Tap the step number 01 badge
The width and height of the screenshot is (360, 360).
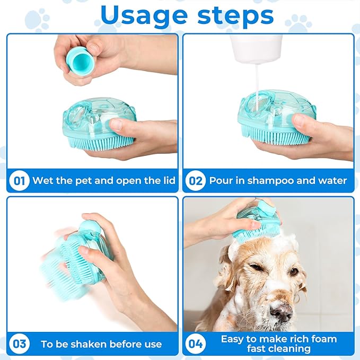[x=19, y=180]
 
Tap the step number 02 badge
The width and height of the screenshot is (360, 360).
[x=196, y=180]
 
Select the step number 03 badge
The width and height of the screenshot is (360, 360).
[x=19, y=344]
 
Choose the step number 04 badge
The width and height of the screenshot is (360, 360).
[x=196, y=344]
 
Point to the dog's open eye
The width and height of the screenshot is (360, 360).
[x=294, y=272]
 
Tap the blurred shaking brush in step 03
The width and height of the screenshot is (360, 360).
[x=69, y=260]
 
